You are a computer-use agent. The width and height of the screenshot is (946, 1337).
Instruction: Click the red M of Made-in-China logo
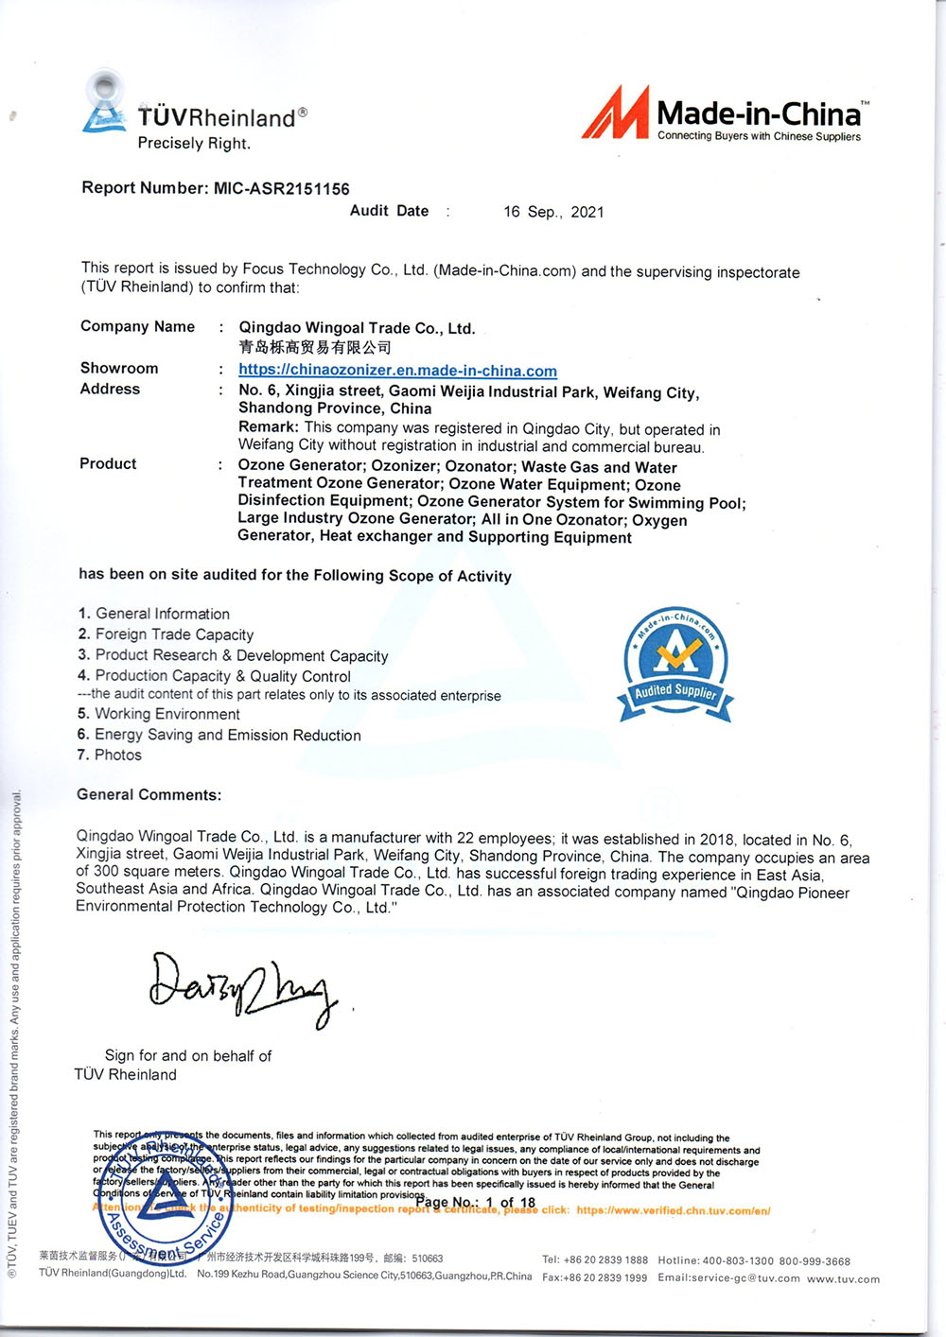[616, 113]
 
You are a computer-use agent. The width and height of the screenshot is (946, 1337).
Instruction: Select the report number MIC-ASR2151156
[281, 188]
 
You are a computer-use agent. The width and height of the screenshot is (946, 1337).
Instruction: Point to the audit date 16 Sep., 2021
[553, 212]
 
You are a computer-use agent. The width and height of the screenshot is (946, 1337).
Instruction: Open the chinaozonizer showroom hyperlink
[397, 371]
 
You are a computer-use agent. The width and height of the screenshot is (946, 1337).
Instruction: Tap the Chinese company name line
[314, 347]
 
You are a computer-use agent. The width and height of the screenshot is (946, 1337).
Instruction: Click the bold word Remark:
[268, 427]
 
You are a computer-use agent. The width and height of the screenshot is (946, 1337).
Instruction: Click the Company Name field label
[137, 326]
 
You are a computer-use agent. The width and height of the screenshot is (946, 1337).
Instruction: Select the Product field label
[108, 463]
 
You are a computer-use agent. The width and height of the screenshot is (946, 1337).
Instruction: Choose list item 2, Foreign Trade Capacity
[166, 634]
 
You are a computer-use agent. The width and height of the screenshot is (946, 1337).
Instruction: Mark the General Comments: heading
[149, 794]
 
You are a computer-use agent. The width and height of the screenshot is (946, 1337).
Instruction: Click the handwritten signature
[242, 990]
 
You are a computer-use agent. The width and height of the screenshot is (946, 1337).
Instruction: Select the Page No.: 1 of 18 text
[476, 1203]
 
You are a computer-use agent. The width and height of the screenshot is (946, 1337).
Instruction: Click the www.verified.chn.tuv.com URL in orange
[673, 1210]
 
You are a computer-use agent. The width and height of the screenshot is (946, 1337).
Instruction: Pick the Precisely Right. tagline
[194, 144]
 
